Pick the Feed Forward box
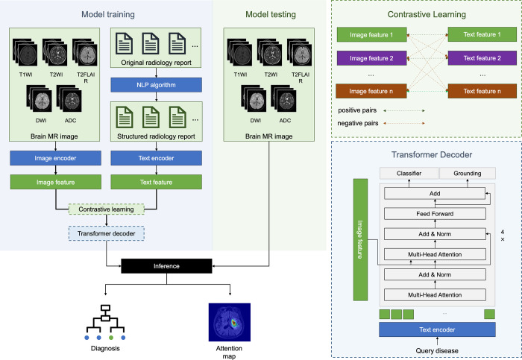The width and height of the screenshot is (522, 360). click(x=434, y=213)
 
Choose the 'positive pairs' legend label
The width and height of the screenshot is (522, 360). click(x=358, y=110)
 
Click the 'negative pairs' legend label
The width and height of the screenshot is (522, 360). click(x=359, y=123)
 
